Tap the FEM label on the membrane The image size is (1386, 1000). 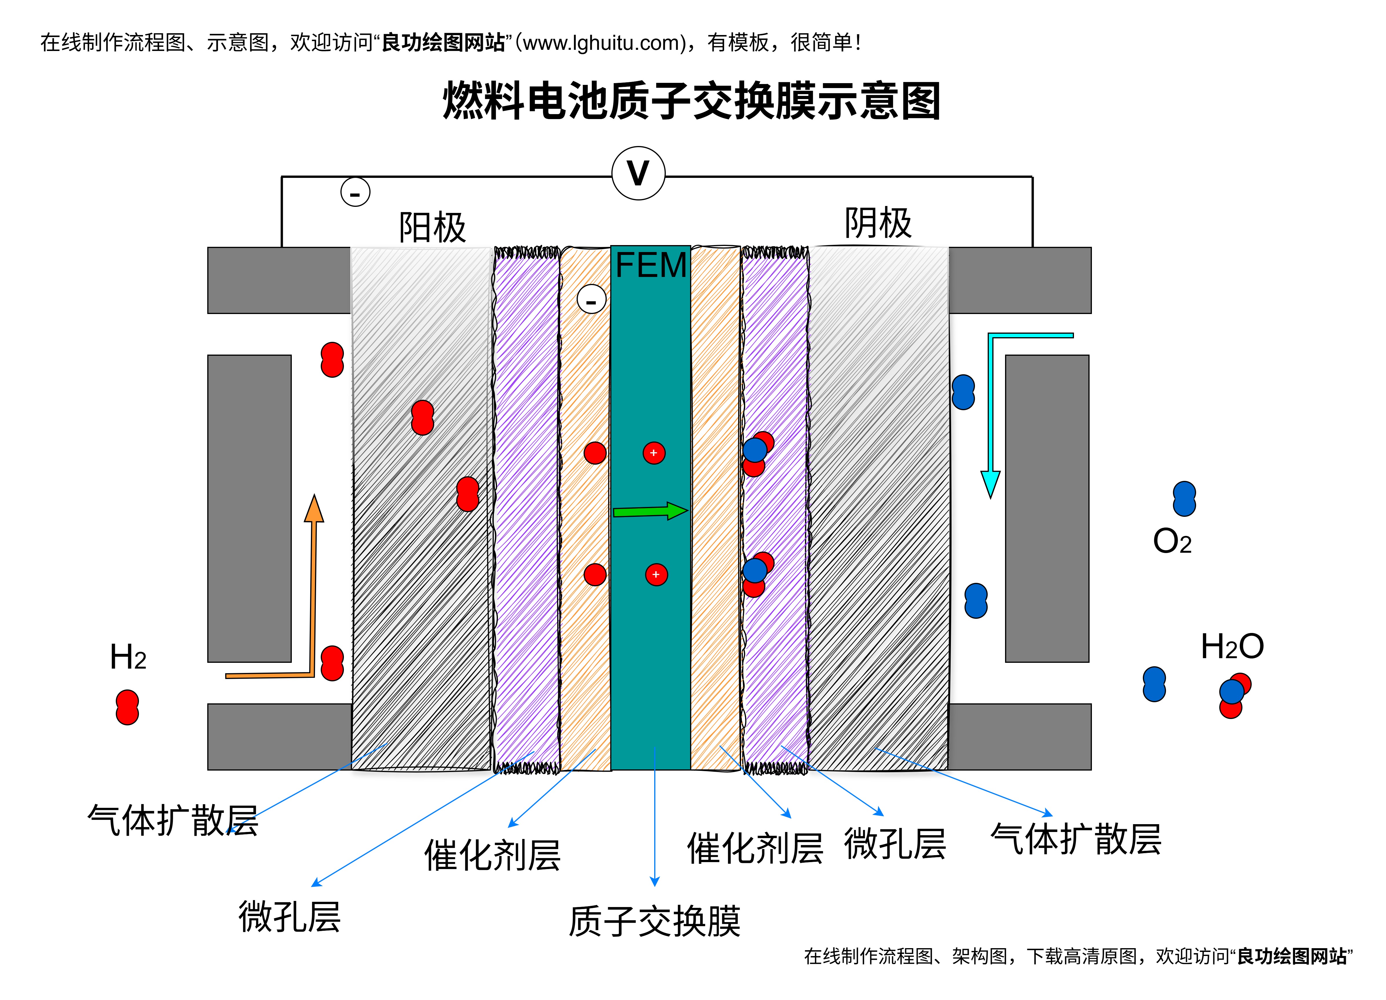click(651, 265)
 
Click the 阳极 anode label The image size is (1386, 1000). click(432, 227)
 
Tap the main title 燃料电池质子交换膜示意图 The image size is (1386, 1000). click(691, 101)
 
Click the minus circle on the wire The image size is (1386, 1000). click(355, 192)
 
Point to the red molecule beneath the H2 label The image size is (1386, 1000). click(127, 708)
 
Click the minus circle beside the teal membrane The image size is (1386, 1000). click(591, 300)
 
